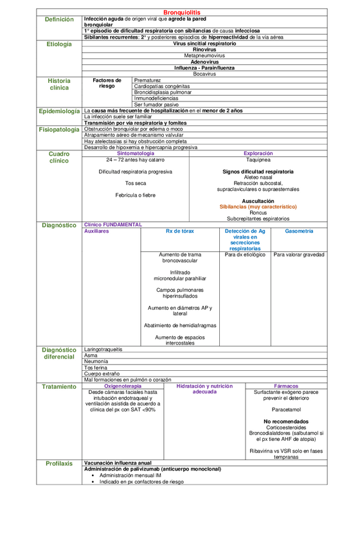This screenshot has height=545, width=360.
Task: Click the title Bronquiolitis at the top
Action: pos(182,12)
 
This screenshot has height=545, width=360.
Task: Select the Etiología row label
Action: pos(59,44)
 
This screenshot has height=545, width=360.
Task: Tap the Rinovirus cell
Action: pos(204,49)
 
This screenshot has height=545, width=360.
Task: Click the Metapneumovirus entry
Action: pos(204,56)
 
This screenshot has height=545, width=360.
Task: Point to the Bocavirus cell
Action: pos(204,74)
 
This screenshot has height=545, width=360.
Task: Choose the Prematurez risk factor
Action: pos(148,80)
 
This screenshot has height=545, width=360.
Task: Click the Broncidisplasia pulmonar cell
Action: pos(163,92)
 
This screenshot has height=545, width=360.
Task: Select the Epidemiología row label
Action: pos(59,111)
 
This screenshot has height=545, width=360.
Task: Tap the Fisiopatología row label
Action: pos(59,129)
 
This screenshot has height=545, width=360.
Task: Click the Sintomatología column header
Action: pos(136,154)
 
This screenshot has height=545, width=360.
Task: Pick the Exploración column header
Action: pos(258,154)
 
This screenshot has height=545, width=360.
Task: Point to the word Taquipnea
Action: pos(258,160)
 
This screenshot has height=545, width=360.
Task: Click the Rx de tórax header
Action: pos(180,231)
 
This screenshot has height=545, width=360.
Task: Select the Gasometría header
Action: pos(299,231)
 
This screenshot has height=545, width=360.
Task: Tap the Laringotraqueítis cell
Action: pos(104,350)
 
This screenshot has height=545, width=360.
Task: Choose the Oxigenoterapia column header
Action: pos(123,386)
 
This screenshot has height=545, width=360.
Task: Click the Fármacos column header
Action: pos(285,386)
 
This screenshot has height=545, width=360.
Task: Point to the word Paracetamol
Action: pos(285,409)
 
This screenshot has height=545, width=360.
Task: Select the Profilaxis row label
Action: pos(59,463)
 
